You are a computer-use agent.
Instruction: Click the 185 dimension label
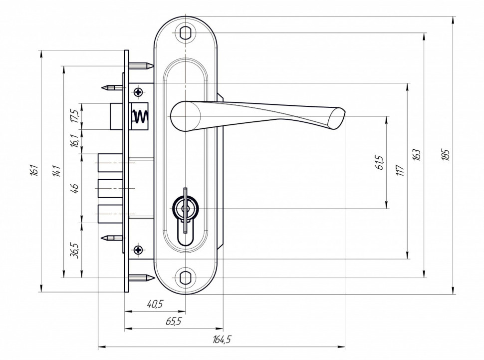[446, 155]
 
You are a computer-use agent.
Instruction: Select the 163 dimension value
[417, 155]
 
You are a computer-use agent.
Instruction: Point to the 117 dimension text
[400, 170]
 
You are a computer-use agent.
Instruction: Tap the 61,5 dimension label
[380, 163]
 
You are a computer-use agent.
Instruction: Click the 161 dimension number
[34, 171]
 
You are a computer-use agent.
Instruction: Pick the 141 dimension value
[56, 171]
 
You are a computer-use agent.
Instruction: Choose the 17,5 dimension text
[75, 116]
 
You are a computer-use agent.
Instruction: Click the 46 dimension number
[75, 188]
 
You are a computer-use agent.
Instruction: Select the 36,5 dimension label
[75, 250]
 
